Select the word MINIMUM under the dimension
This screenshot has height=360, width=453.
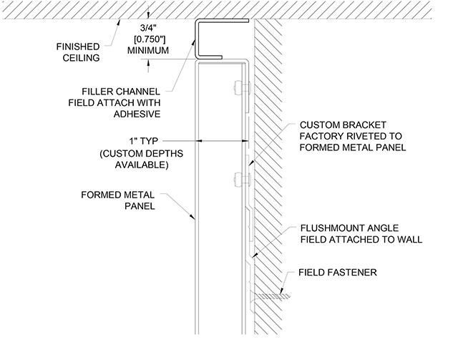147,51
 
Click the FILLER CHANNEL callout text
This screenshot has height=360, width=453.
121,91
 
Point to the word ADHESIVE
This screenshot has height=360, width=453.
136,114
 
